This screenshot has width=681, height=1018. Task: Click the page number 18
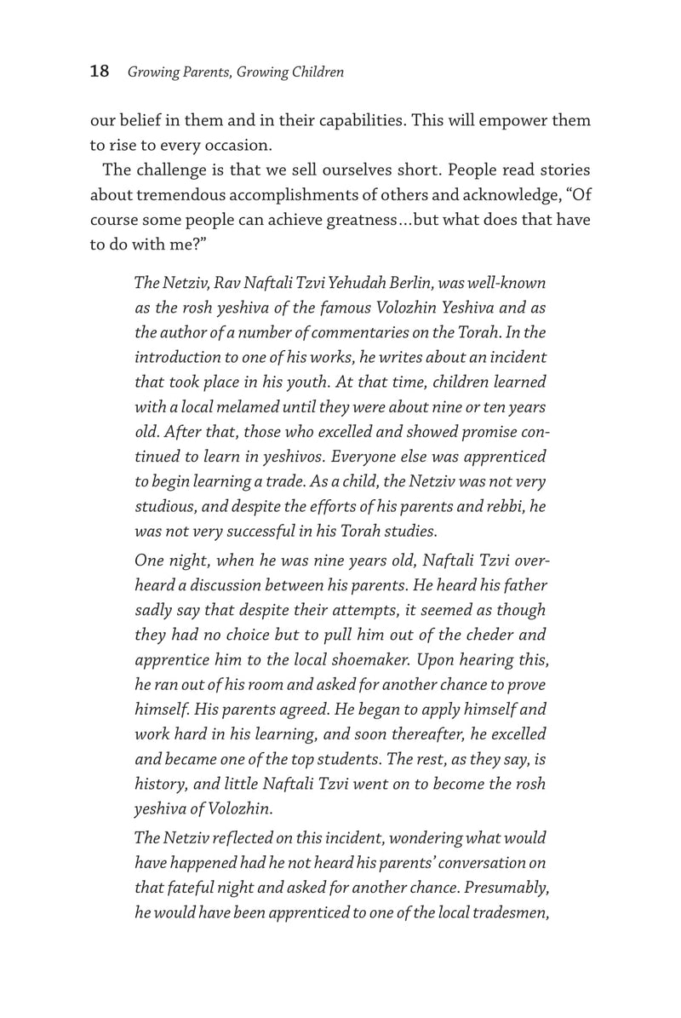point(100,72)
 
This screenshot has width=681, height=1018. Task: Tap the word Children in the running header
point(315,72)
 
